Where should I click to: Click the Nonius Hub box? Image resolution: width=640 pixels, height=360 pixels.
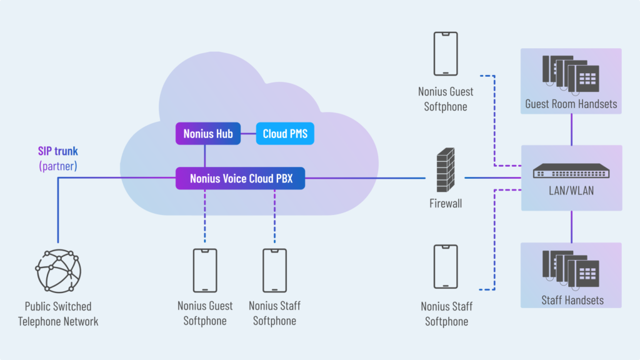208,134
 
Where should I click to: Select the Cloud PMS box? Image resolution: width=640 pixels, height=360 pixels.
285,134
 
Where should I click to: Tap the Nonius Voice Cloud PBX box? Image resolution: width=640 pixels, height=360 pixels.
241,178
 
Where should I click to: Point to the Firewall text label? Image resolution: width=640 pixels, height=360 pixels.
446,203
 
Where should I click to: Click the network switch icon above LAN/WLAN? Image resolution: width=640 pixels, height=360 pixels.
571,171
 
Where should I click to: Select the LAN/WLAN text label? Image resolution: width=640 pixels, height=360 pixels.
571,191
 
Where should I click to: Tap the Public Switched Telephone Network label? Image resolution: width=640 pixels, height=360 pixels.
58,314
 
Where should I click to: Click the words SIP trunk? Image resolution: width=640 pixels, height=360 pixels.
57,151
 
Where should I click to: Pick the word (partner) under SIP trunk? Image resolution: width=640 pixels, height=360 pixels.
57,166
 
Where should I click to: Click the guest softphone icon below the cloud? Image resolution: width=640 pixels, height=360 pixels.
205,270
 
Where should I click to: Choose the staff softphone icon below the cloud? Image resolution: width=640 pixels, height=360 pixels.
274,270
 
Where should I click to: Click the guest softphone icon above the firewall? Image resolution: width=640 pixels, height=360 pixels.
446,54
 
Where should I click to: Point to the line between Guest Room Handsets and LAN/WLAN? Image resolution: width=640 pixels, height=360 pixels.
572,129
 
